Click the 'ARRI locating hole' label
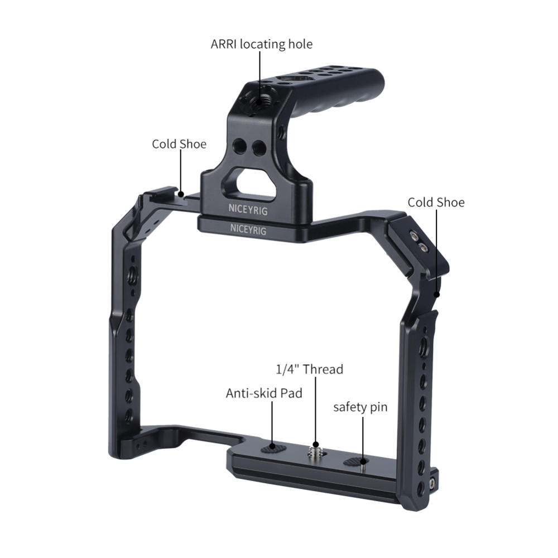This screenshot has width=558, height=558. click(261, 44)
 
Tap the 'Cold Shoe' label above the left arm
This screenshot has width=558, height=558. click(179, 144)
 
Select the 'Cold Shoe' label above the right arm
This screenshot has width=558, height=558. click(436, 202)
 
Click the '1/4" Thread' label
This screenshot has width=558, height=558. click(310, 369)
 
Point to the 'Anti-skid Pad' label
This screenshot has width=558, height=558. click(264, 393)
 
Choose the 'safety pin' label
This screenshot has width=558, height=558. click(360, 407)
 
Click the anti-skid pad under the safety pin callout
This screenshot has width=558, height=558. click(355, 461)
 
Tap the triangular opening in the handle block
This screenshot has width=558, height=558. click(257, 184)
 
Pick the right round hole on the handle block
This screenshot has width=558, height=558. click(258, 148)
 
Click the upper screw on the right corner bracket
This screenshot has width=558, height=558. click(415, 235)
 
